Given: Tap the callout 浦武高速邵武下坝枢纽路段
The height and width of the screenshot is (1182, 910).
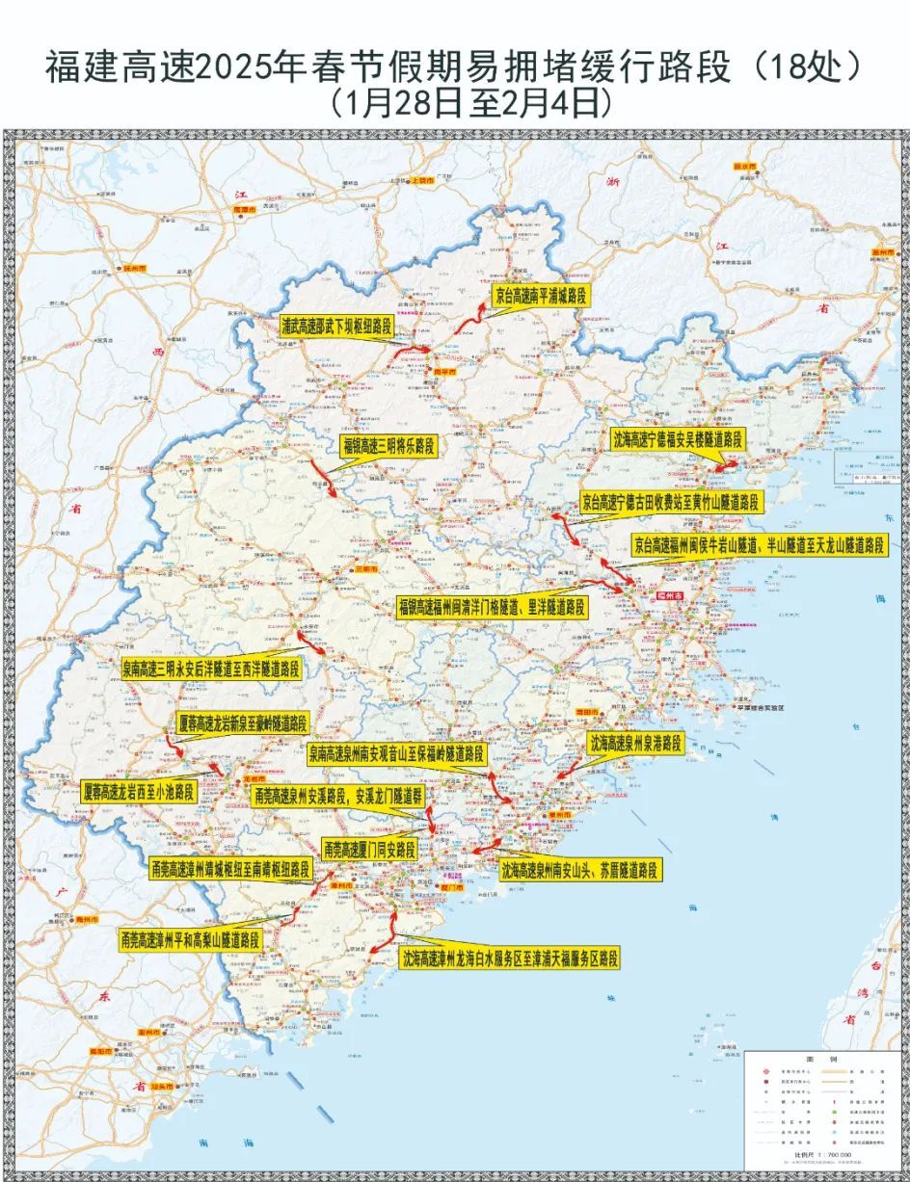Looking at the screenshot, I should click(336, 327).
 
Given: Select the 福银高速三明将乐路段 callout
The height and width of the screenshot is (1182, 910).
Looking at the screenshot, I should click(387, 446).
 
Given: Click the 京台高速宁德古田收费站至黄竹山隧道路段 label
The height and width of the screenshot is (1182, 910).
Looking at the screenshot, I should click(670, 502).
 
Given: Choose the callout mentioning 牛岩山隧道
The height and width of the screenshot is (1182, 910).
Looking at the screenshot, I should click(759, 544).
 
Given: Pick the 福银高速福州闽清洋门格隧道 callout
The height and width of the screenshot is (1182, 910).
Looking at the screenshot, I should click(492, 607).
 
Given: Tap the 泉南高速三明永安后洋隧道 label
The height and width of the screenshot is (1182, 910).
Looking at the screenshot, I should click(211, 668).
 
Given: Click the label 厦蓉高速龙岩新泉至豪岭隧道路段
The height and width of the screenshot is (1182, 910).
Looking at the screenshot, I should click(243, 724).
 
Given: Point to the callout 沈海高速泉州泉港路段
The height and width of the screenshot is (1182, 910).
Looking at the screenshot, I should click(635, 743).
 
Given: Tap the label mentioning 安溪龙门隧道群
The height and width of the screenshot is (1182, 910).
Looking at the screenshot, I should click(338, 796).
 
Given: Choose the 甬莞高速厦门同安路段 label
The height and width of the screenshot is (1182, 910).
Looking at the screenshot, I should click(369, 850).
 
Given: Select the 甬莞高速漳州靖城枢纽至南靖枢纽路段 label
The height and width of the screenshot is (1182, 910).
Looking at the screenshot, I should click(231, 869).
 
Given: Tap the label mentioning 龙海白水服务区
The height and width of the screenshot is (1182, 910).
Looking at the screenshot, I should click(510, 959).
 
